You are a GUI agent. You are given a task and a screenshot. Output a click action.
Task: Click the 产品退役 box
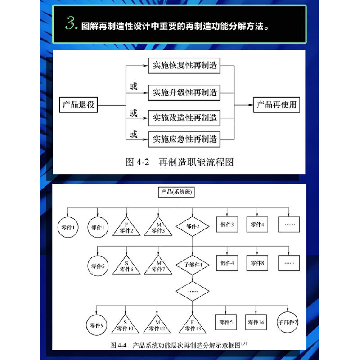[x=79, y=105]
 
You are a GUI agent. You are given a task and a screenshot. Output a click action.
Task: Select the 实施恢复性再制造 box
[x=185, y=66]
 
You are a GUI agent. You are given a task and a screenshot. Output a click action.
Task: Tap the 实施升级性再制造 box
[x=185, y=93]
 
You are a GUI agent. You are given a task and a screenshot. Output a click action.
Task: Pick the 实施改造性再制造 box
[x=185, y=118]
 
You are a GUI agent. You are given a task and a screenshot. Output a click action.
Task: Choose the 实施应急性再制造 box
[x=185, y=139]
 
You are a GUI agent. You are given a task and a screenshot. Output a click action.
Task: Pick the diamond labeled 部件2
[x=193, y=226]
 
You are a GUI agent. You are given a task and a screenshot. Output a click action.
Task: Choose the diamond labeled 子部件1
[x=193, y=265]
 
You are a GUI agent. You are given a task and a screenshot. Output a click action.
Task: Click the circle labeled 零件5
[x=98, y=265]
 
